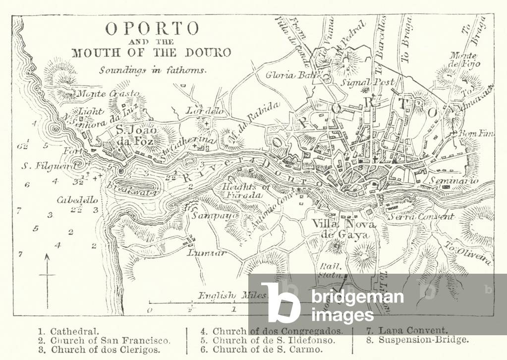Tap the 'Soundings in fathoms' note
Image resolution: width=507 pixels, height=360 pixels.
(152, 70)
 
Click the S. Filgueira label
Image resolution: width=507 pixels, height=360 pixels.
(44, 166)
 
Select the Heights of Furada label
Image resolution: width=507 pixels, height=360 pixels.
(246, 191)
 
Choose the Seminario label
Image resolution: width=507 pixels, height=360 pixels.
(453, 181)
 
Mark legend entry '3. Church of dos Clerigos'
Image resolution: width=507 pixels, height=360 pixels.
(99, 350)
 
